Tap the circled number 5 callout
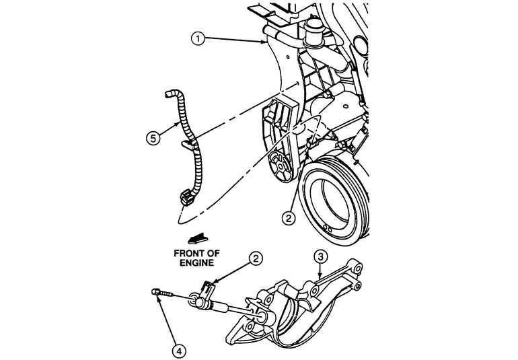[x=154, y=139]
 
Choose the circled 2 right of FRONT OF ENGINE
[x=255, y=258]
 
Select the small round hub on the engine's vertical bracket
[x=276, y=161]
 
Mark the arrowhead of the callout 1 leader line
[x=263, y=42]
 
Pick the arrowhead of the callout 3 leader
[x=316, y=277]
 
